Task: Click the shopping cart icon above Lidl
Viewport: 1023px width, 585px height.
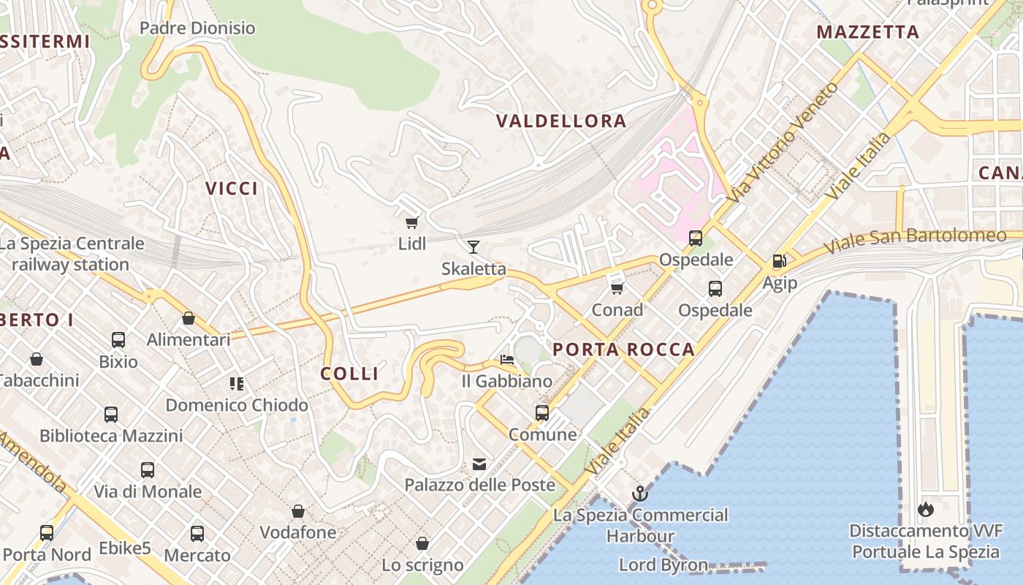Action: pyautogui.click(x=411, y=222)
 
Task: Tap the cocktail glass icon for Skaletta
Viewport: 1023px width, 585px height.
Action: pyautogui.click(x=474, y=246)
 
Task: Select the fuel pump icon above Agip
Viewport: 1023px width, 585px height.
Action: pyautogui.click(x=779, y=260)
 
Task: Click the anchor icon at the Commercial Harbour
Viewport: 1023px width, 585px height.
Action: pyautogui.click(x=640, y=493)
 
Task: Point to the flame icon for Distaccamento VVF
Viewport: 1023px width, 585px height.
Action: pyautogui.click(x=925, y=509)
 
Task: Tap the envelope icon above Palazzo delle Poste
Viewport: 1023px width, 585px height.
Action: pyautogui.click(x=479, y=464)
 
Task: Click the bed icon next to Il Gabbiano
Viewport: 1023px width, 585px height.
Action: pyautogui.click(x=506, y=360)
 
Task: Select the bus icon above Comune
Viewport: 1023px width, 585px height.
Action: pyautogui.click(x=542, y=412)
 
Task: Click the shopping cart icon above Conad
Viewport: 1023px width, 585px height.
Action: pyautogui.click(x=617, y=288)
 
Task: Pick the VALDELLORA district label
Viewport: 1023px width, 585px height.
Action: pyautogui.click(x=561, y=121)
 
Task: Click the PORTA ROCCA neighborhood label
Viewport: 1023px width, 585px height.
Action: pyautogui.click(x=623, y=350)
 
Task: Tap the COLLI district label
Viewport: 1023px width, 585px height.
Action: pyautogui.click(x=349, y=374)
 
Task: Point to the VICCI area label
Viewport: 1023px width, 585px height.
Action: pyautogui.click(x=232, y=189)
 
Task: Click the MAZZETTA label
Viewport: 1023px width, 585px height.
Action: pyautogui.click(x=867, y=32)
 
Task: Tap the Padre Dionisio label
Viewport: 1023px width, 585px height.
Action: pyautogui.click(x=197, y=29)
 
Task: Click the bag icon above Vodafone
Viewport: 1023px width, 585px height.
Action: pyautogui.click(x=297, y=510)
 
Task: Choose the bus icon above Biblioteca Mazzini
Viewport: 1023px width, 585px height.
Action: pyautogui.click(x=111, y=415)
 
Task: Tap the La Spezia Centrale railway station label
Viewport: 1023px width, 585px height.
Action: pyautogui.click(x=72, y=254)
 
